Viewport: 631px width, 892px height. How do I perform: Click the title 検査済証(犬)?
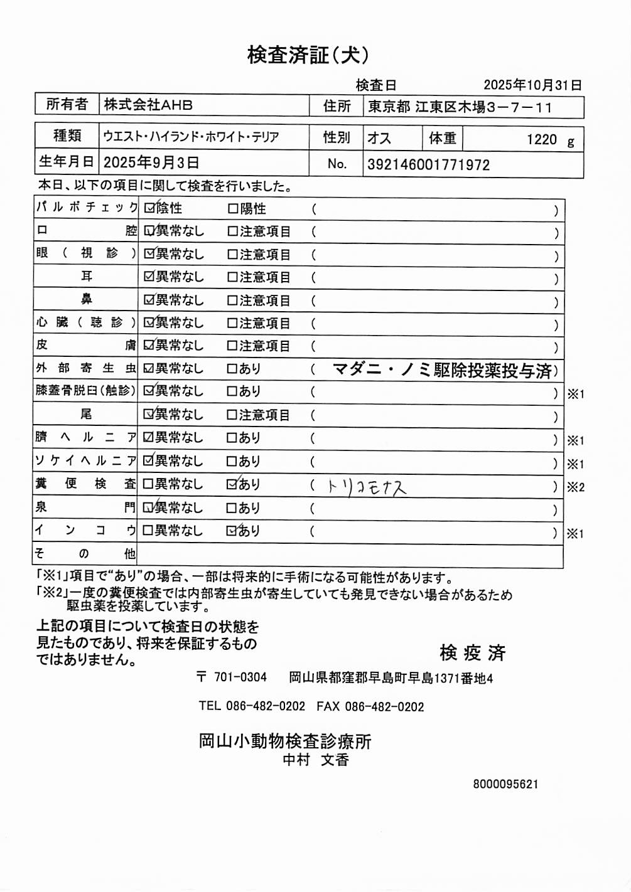pyautogui.click(x=308, y=55)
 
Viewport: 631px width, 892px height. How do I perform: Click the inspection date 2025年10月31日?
pyautogui.click(x=532, y=85)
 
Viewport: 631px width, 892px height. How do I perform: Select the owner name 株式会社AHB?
pyautogui.click(x=148, y=105)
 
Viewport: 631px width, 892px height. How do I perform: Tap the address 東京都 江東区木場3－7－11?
pyautogui.click(x=460, y=107)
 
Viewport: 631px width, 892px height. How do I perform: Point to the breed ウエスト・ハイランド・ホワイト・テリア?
pyautogui.click(x=191, y=137)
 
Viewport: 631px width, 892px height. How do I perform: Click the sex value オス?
pyautogui.click(x=379, y=138)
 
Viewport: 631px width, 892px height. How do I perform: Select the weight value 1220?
pyautogui.click(x=541, y=139)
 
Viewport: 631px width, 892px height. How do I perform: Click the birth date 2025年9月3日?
pyautogui.click(x=151, y=162)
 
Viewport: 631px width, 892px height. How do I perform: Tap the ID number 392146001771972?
pyautogui.click(x=428, y=165)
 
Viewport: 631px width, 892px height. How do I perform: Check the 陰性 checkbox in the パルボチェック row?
pyautogui.click(x=149, y=208)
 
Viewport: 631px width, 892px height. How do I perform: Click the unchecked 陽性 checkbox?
pyautogui.click(x=233, y=208)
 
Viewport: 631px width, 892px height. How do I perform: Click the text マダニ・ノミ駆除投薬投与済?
pyautogui.click(x=442, y=370)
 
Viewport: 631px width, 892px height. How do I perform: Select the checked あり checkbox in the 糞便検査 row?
pyautogui.click(x=232, y=484)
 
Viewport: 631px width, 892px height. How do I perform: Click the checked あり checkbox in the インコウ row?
pyautogui.click(x=232, y=531)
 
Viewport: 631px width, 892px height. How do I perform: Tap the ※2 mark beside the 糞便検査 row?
pyautogui.click(x=575, y=487)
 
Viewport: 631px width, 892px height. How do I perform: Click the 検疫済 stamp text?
pyautogui.click(x=472, y=653)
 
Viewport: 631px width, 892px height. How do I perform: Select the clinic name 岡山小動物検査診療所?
pyautogui.click(x=285, y=741)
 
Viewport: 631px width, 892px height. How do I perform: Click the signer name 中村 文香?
pyautogui.click(x=315, y=760)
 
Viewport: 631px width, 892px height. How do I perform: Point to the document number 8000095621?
pyautogui.click(x=505, y=784)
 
